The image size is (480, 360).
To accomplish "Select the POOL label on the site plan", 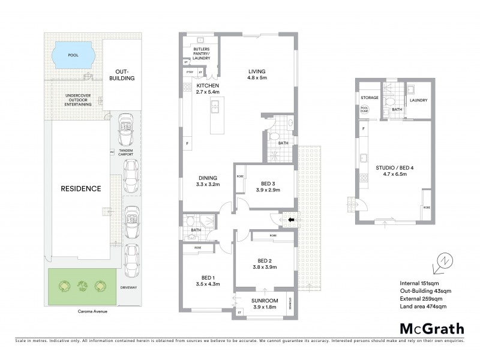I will (73, 55).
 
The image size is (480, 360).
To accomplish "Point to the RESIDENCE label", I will (80, 188).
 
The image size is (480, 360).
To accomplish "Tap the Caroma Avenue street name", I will (81, 312).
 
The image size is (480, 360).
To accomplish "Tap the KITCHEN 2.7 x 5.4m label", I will (206, 89).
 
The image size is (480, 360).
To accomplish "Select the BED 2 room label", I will (265, 263).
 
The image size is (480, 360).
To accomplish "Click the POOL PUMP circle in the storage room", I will (365, 110).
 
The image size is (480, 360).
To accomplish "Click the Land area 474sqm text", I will (425, 307).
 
